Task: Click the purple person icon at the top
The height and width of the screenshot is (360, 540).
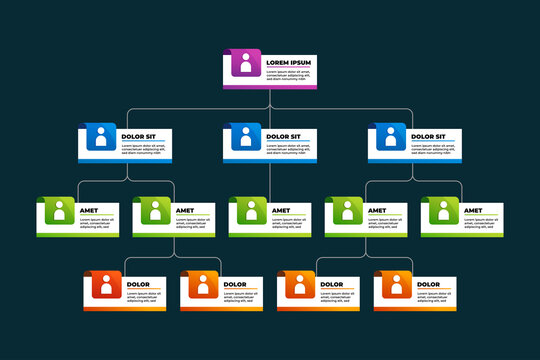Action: pos(246,65)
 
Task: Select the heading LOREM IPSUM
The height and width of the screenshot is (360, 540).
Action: pos(288,63)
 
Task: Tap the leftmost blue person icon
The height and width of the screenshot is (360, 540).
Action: pos(101,139)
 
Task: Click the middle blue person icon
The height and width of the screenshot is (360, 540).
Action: pos(246,139)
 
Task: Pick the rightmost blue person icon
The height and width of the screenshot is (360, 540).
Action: pos(390,139)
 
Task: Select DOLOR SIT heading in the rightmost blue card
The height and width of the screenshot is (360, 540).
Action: pos(428,136)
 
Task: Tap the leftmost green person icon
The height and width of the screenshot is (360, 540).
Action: pos(58,212)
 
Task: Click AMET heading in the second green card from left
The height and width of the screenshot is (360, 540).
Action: pos(186,211)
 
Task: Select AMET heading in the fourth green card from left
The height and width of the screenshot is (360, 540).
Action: pos(378,211)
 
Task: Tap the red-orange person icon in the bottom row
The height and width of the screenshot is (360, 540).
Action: pos(106,286)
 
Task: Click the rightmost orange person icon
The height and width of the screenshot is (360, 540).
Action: pos(395,286)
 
